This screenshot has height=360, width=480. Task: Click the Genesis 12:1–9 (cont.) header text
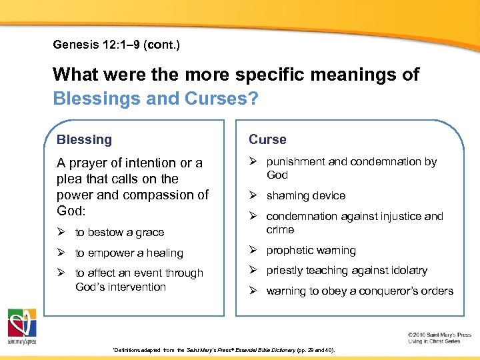(117, 45)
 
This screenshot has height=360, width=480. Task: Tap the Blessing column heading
(84, 139)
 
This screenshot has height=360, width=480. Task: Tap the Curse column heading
(267, 139)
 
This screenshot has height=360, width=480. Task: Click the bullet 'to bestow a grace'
(119, 232)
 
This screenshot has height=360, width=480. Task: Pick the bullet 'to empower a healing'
(129, 253)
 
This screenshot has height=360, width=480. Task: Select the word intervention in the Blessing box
(137, 287)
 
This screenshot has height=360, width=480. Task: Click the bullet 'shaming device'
(305, 195)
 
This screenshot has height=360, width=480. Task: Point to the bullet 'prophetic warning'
(311, 250)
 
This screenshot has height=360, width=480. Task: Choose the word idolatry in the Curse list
(408, 270)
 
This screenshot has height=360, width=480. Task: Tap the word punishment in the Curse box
(295, 161)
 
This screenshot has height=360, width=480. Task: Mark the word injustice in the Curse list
(395, 216)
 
